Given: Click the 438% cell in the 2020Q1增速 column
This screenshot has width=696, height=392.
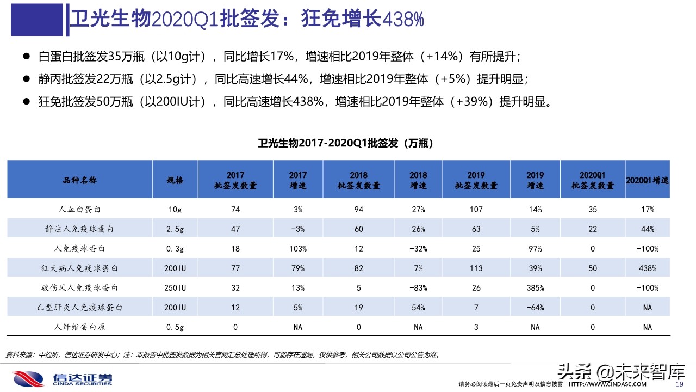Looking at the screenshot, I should [x=648, y=268].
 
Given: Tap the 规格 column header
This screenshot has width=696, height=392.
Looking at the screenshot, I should [x=175, y=180].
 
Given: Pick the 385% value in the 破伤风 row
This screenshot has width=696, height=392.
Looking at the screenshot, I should [x=535, y=288].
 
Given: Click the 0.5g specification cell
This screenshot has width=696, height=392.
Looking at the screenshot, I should [x=175, y=327].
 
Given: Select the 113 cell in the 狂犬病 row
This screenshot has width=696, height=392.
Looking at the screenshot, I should [x=476, y=268].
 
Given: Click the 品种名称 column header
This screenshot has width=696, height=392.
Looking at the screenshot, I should [x=79, y=180].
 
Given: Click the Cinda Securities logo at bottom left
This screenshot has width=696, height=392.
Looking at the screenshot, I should [x=63, y=378].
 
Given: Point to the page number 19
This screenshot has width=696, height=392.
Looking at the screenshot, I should [x=679, y=384].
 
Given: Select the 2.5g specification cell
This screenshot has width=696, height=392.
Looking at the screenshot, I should [x=175, y=229].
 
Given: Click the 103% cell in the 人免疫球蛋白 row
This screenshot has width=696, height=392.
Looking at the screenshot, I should [x=297, y=249].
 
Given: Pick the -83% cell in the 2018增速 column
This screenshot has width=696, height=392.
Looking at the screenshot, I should [x=418, y=288].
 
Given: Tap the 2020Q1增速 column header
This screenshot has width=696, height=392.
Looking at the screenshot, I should [x=648, y=180].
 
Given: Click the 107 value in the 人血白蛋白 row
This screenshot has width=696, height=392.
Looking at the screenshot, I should [x=476, y=210].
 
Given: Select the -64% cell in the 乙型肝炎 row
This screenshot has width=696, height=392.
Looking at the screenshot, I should [x=535, y=308].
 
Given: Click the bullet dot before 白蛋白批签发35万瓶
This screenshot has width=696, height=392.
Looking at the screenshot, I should [x=26, y=56].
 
